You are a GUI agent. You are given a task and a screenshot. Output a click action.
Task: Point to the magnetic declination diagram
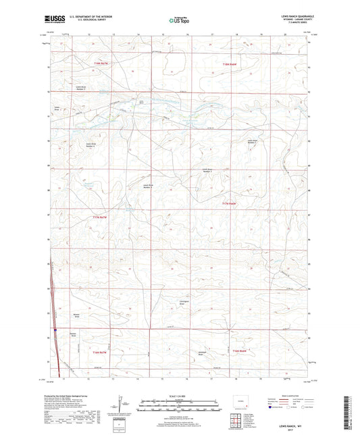(122, 405)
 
